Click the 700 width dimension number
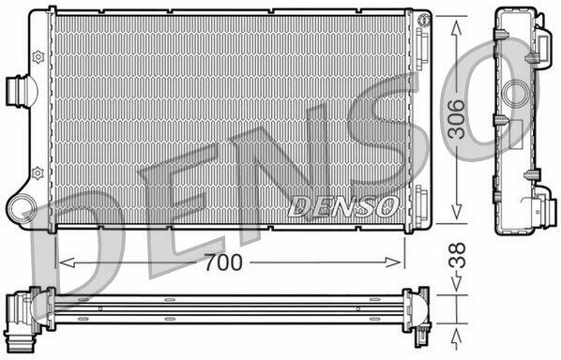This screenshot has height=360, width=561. [x=223, y=262]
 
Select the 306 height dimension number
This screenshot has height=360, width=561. [x=457, y=119]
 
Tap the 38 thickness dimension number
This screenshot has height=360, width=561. [x=457, y=255]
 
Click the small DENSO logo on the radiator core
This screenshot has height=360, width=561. [x=343, y=206]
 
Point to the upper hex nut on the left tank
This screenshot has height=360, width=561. [x=38, y=57]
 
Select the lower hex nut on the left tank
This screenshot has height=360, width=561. [x=38, y=173]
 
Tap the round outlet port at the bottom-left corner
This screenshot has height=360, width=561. [x=21, y=209]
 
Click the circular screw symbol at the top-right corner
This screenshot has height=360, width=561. [x=424, y=20]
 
